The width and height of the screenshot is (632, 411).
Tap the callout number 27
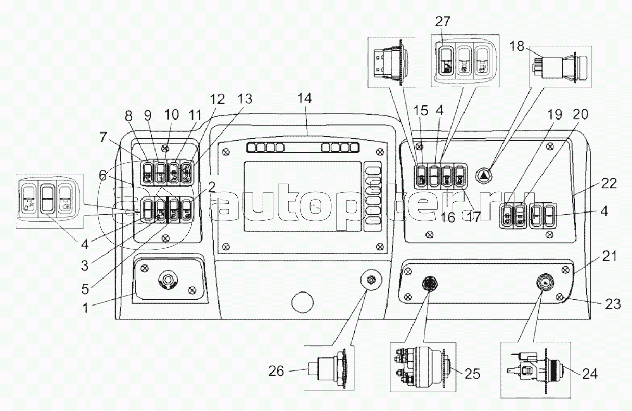[x=444, y=22]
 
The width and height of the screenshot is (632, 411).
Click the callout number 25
[x=473, y=373]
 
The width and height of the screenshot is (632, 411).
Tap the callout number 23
[x=612, y=304]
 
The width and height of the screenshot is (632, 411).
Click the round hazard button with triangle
[x=483, y=175]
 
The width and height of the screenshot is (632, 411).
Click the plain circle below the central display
[x=302, y=301]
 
